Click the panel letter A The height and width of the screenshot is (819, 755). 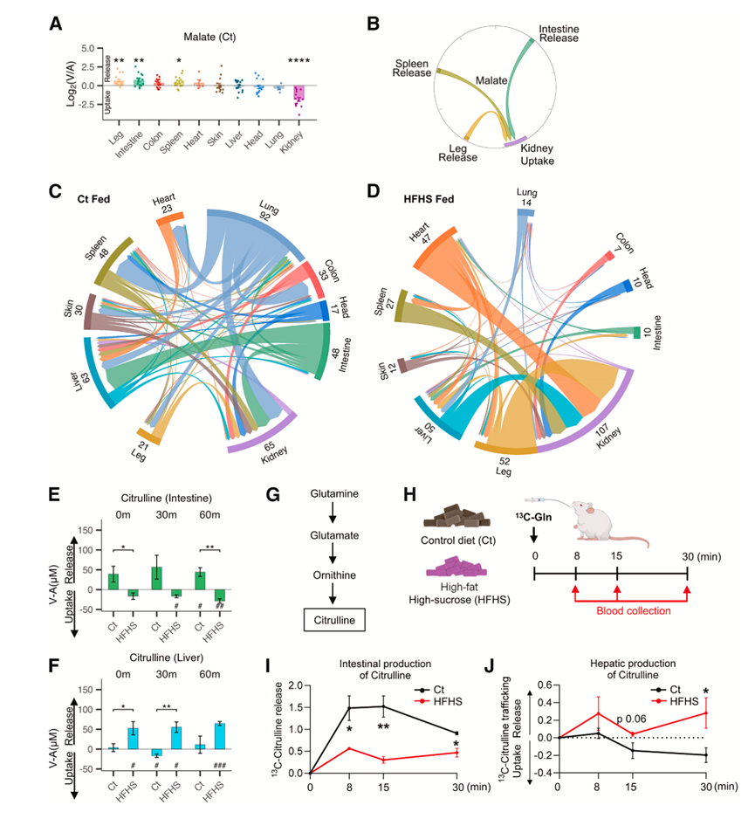coord(54,25)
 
